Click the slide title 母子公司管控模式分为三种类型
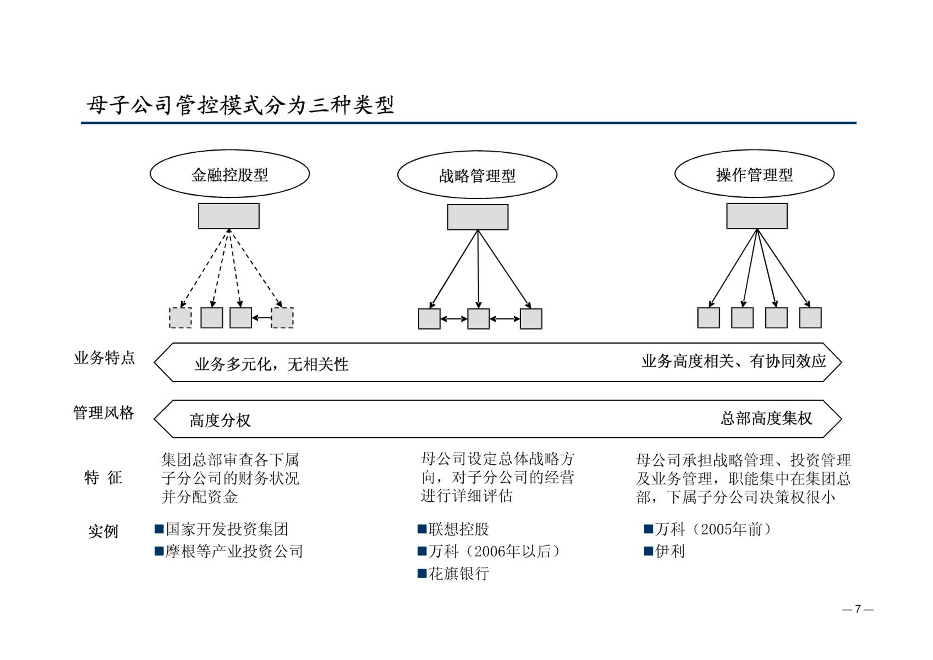240,105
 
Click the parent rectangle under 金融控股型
229,216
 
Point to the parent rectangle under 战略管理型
478,217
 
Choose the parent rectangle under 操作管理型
757,216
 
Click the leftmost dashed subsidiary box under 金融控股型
181,318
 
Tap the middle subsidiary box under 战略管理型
479,319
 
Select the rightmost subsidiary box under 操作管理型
810,318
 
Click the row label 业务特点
104,358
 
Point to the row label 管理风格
104,413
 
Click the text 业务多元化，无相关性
272,364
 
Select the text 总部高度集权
766,418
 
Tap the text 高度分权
220,420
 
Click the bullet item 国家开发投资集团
227,529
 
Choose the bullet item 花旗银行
459,573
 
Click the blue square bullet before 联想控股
422,529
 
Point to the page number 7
858,609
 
